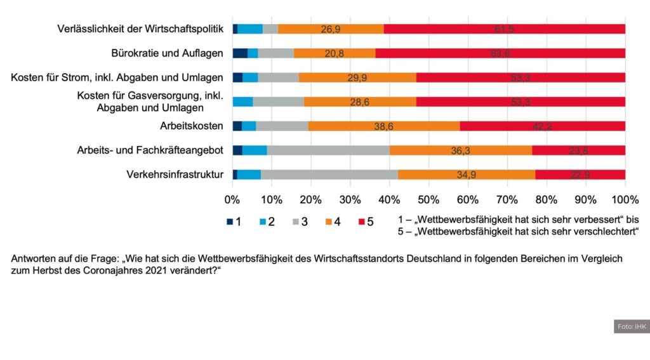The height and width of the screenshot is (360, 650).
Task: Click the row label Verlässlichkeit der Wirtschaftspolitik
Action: pos(140,29)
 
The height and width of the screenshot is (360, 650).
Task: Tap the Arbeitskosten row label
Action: pos(192,126)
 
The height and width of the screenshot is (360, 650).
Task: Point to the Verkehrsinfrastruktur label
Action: pos(175,175)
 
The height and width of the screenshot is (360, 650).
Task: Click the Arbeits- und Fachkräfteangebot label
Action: pos(150,150)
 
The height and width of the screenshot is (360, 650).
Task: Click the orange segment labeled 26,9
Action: pos(331,29)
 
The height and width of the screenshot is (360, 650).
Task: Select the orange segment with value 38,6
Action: pos(384,126)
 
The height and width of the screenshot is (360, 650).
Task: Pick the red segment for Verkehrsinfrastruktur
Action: pos(580,175)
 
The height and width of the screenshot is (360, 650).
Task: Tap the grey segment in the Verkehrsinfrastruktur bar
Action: pos(329,175)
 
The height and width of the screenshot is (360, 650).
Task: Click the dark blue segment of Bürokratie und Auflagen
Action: pos(240,53)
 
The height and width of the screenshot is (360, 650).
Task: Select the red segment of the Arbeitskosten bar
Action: pos(543,126)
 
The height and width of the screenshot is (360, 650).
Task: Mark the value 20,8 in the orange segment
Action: pos(335,53)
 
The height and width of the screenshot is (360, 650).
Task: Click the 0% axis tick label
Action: pos(233,200)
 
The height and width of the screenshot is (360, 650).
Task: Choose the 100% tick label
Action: pos(625,200)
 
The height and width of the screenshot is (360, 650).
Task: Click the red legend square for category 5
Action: pos(362,222)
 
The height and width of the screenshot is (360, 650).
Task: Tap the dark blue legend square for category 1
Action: pos(230,222)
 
